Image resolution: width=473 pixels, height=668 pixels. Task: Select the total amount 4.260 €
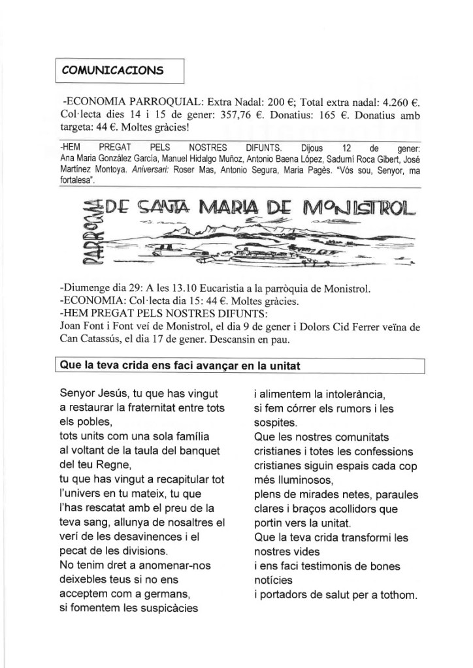pyautogui.click(x=395, y=103)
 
